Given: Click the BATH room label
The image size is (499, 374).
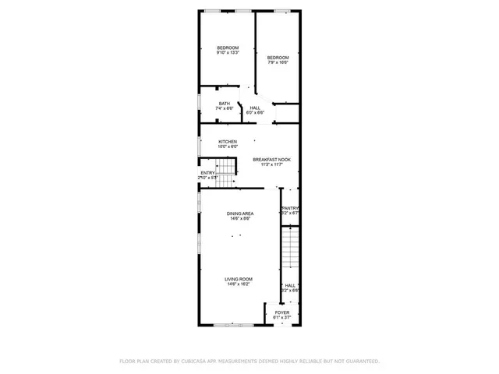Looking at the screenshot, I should click(225, 104).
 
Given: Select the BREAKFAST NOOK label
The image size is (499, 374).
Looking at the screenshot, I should click(271, 159).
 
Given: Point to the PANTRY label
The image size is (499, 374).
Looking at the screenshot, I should click(290, 208).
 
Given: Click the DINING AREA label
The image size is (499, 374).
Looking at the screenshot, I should click(240, 213).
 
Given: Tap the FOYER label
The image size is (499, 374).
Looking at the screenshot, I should click(281, 312).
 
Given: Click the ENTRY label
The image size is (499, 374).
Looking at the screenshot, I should click(207, 173).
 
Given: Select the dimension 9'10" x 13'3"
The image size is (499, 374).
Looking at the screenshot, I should click(228, 53).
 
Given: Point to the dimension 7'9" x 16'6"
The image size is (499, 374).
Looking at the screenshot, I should click(278, 62).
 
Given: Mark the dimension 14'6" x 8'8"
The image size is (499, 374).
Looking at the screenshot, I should click(240, 219).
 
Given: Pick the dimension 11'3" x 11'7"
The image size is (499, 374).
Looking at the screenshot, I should click(271, 164).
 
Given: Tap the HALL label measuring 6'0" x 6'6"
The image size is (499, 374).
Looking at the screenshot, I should click(256, 108).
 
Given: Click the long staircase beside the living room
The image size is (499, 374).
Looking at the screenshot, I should click(290, 249).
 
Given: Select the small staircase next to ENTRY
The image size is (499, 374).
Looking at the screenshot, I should click(225, 175).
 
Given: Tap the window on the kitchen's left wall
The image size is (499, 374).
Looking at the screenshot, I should click(199, 145).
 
